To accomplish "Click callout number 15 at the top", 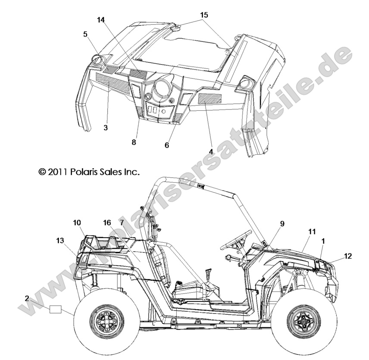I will click(x=204, y=15).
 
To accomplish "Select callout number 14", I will click(x=101, y=20).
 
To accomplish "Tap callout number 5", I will click(x=85, y=33).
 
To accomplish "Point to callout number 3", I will click(x=106, y=128).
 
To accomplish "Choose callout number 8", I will click(x=134, y=142).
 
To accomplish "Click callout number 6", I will click(x=167, y=145).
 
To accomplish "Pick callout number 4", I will click(x=211, y=151).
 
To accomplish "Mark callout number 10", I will click(x=77, y=222).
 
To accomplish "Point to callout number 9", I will click(x=282, y=223).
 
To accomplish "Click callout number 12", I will click(x=348, y=256).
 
